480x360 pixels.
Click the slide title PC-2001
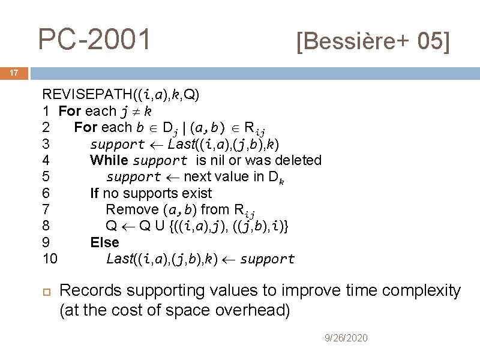pos(95,40)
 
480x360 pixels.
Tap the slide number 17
pos(14,73)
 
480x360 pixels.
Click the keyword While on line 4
pos(109,160)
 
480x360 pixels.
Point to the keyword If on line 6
pos(94,193)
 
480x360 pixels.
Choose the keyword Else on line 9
pos(104,242)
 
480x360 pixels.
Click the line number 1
pos(45,111)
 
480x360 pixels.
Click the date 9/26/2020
pos(346,338)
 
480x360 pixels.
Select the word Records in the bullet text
pos(89,291)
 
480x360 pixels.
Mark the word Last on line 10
pos(119,259)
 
